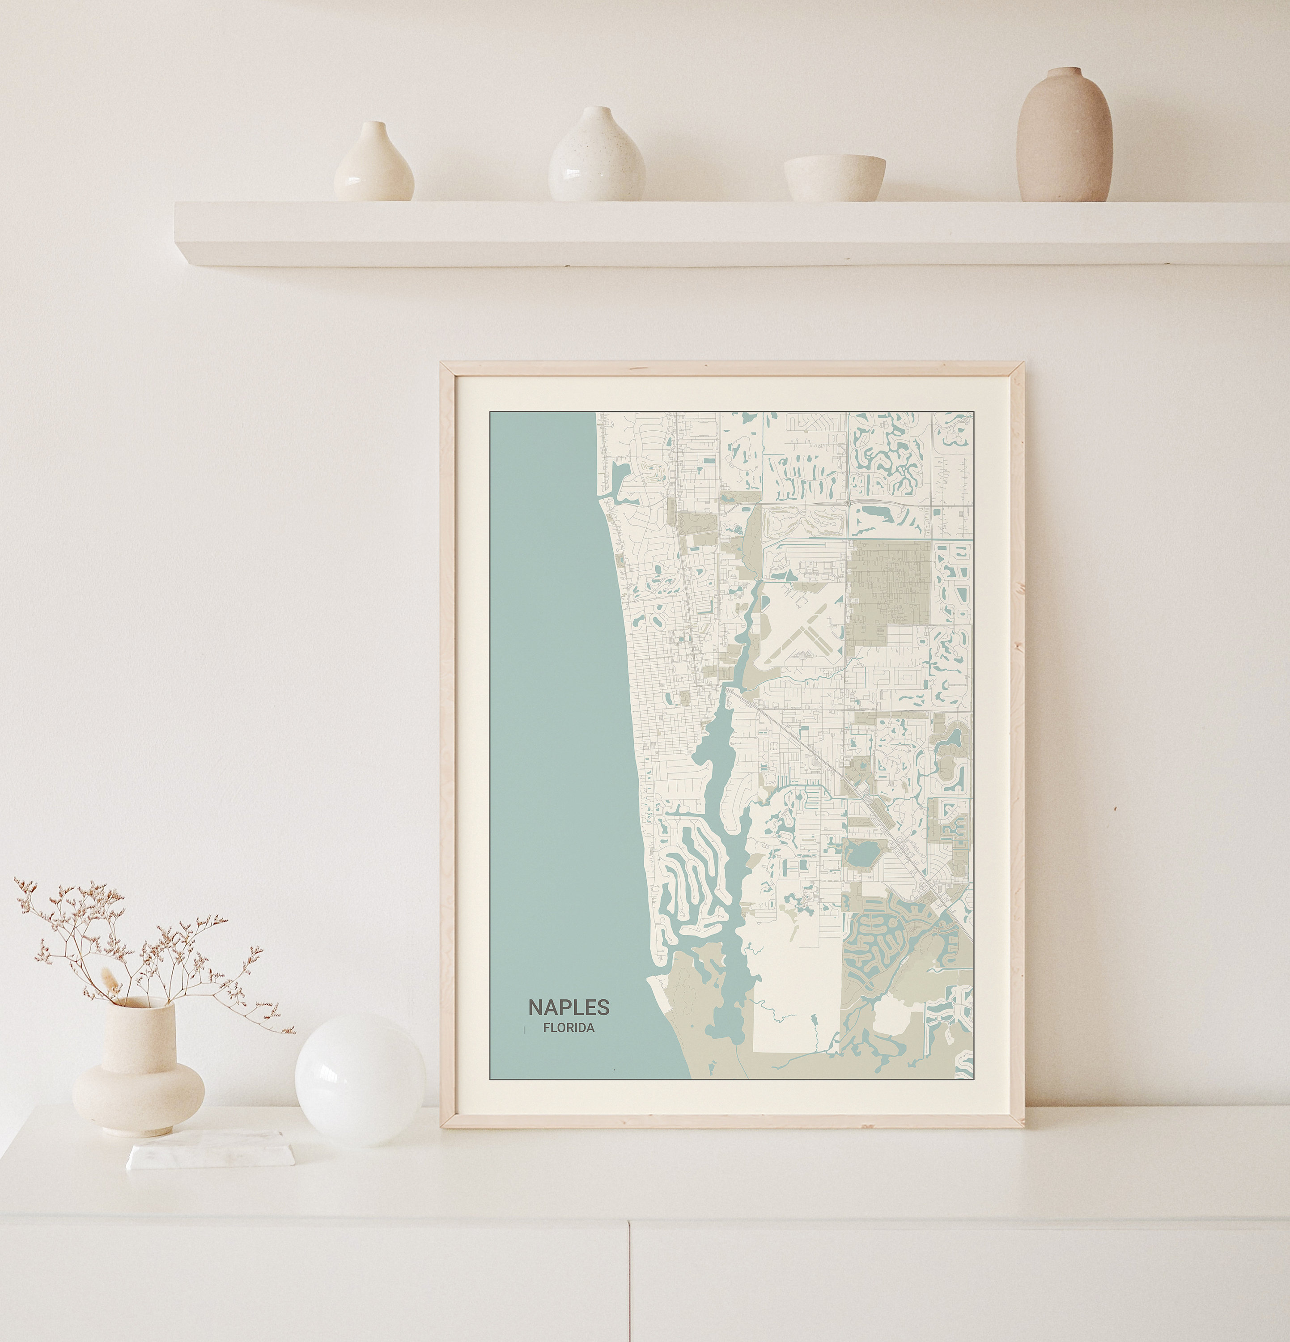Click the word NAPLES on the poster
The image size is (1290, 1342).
(x=569, y=1007)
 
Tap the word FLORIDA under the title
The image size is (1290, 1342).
(x=569, y=1028)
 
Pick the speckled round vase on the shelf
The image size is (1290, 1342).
(x=596, y=158)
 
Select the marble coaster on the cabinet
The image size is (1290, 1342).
(x=211, y=1151)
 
